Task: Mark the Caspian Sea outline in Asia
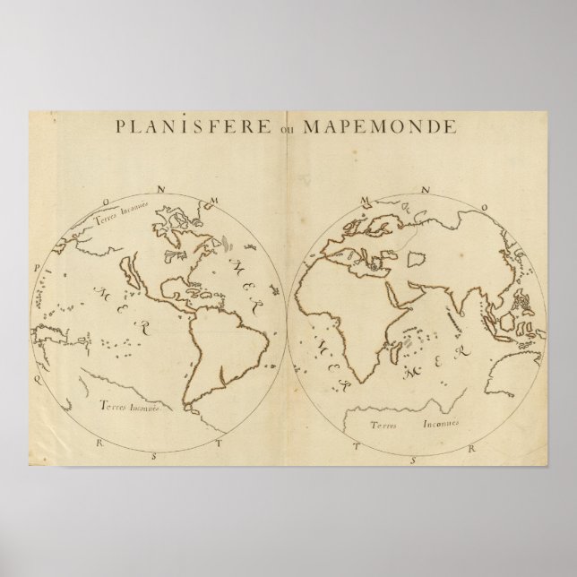417,259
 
